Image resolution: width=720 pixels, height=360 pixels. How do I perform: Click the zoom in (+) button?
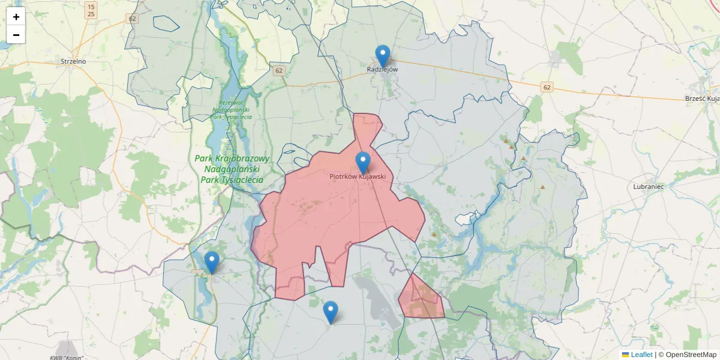coord(16,17)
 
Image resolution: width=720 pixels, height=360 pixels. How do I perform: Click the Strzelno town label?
coord(74,61)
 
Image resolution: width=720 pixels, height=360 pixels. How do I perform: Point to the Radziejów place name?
coord(382,70)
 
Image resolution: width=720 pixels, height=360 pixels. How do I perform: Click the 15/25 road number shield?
coord(91,10)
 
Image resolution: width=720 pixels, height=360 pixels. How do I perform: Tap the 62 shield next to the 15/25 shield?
coord(133,19)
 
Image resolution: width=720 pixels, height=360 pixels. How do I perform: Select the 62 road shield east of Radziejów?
coord(547,88)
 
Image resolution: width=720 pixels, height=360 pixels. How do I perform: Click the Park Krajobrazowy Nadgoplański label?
coord(232,169)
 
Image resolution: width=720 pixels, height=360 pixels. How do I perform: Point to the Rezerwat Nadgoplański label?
coord(230,109)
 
